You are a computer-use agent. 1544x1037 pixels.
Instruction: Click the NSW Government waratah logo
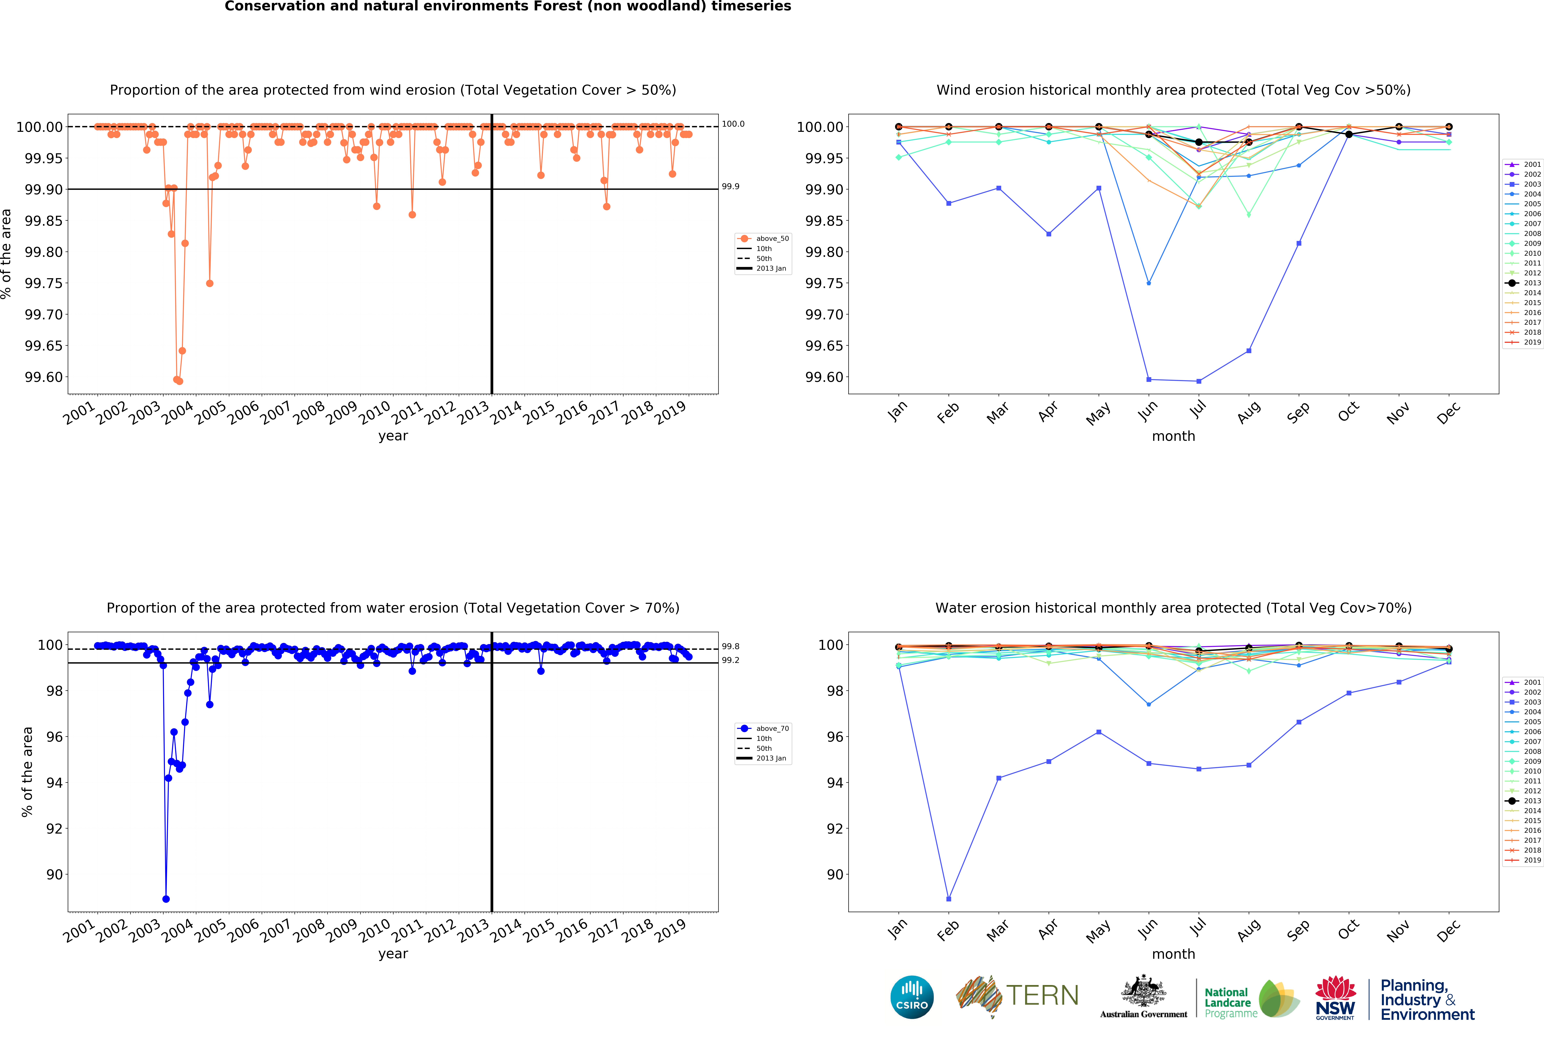tap(1335, 997)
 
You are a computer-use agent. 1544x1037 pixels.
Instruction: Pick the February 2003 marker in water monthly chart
tap(949, 899)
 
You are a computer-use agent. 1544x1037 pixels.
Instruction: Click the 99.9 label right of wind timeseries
tap(730, 187)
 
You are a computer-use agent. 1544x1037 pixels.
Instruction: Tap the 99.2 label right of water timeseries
tap(730, 660)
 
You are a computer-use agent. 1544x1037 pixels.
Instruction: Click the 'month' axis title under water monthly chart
tap(1173, 954)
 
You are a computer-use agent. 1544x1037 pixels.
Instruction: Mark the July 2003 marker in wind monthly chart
tap(1198, 381)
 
